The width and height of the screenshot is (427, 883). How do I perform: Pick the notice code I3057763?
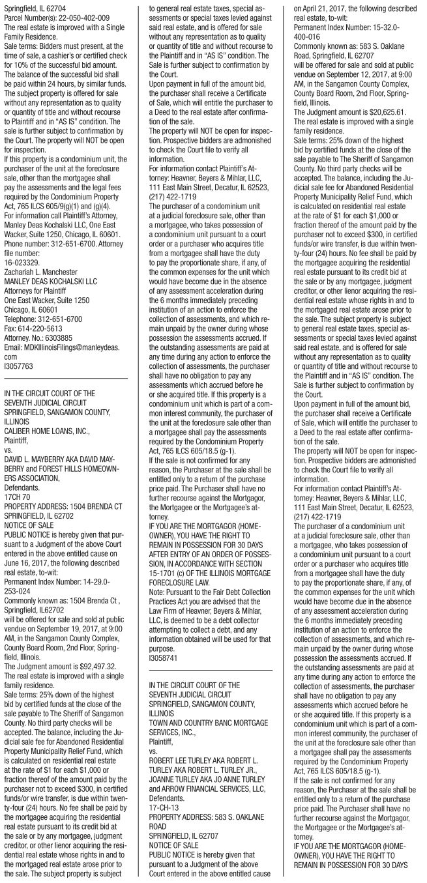pyautogui.click(x=20, y=366)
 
